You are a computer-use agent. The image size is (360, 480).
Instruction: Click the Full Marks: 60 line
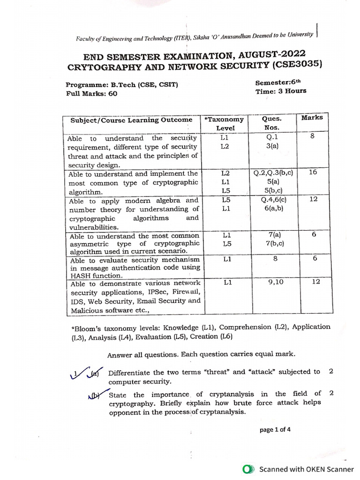point(91,93)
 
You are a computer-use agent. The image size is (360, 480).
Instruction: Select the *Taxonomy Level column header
point(222,123)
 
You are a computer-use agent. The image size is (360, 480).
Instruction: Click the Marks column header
point(312,118)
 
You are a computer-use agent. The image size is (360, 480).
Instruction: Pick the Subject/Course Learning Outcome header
point(131,120)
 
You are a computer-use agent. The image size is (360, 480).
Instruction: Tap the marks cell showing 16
point(313,172)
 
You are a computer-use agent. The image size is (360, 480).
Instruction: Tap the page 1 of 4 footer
point(275,429)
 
